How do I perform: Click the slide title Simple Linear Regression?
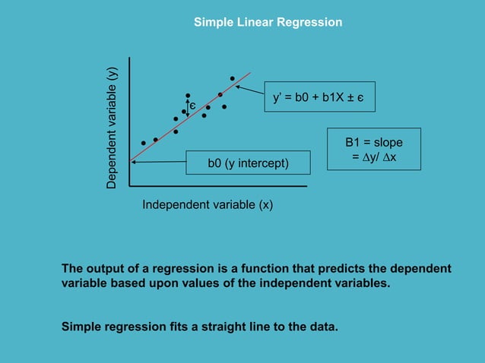(268, 22)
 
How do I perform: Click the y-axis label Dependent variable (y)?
(112, 128)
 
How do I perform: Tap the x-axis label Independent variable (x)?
(208, 205)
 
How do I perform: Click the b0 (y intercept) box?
(248, 162)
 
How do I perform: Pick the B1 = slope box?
(373, 149)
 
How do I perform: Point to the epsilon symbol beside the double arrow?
(193, 104)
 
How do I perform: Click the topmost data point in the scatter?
(233, 78)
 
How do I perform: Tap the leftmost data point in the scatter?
(143, 143)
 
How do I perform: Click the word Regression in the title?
(309, 22)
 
